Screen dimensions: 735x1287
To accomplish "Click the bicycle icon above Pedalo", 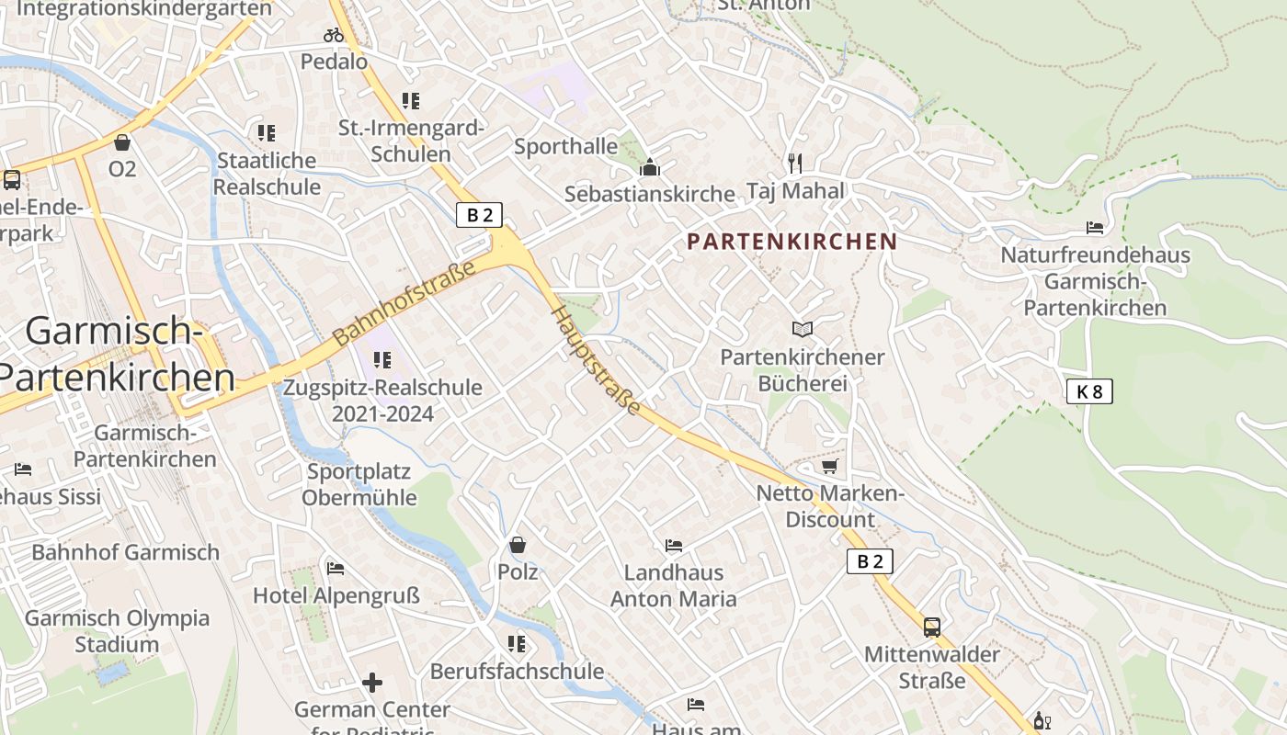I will [334, 36].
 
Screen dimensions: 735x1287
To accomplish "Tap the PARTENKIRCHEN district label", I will [792, 242].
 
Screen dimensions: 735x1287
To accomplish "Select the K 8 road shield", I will [1089, 391].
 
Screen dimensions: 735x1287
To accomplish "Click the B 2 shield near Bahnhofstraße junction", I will [480, 216].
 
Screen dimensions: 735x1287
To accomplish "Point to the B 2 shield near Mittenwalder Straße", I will [869, 561].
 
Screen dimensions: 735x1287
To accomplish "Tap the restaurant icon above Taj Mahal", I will [795, 164].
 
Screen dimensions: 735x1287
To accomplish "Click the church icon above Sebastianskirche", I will [650, 167].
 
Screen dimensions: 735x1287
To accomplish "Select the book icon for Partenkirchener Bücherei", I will [803, 329].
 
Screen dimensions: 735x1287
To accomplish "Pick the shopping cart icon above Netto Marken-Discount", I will [829, 467].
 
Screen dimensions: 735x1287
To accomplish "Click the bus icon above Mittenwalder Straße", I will [932, 628].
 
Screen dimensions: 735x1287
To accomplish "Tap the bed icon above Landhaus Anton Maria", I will [674, 546].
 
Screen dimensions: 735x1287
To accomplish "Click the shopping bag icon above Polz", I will [518, 545].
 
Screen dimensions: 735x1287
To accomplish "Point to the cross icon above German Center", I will [372, 683].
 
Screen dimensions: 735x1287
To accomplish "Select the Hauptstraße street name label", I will [595, 360].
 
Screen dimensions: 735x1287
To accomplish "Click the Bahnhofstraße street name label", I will [404, 302].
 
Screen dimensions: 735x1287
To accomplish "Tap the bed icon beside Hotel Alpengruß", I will [336, 569].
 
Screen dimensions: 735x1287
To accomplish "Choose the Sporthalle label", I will [565, 146].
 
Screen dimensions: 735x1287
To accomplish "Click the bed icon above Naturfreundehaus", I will [1095, 227].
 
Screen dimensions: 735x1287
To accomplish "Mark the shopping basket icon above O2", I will [122, 142].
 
